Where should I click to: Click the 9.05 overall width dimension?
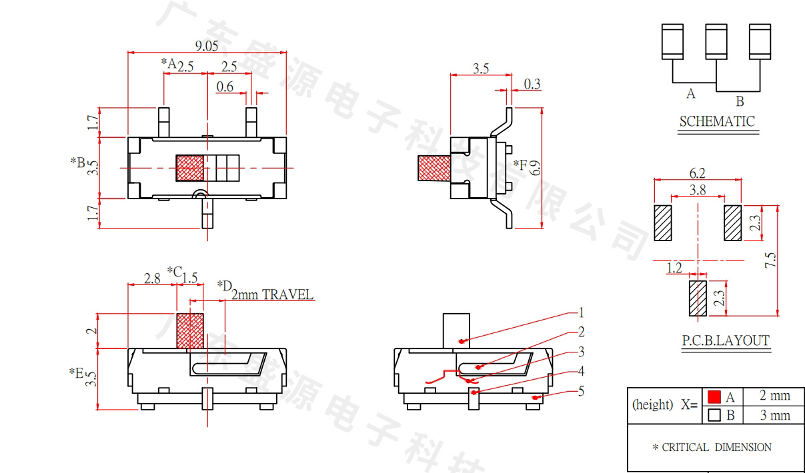207,46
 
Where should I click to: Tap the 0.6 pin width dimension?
225,87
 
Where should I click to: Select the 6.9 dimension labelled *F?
535,168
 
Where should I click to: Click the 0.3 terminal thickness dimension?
532,84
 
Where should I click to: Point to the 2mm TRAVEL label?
272,294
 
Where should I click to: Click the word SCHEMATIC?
718,121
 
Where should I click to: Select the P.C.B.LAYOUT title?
726,340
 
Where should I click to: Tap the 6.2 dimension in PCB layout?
698,173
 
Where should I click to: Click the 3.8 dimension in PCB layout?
698,190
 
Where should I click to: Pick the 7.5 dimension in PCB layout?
770,260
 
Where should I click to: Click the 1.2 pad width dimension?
674,268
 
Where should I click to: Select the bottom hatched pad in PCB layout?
698,298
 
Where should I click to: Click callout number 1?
581,312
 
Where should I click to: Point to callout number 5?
581,391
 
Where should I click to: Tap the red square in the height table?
714,397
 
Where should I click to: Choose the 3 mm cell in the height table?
775,415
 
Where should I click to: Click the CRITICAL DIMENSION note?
712,447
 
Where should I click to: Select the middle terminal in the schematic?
716,41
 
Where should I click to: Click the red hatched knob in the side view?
434,168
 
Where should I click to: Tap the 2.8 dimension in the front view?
152,278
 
